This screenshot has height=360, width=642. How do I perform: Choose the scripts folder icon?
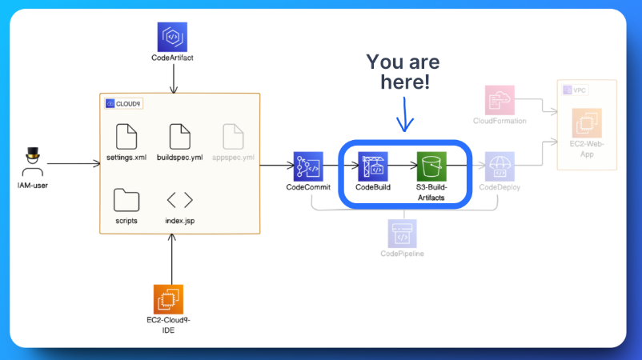[x=125, y=199]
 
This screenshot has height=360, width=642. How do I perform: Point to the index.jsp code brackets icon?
[x=179, y=200]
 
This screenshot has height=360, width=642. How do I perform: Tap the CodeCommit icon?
[x=307, y=166]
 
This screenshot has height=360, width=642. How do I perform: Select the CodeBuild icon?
[x=372, y=166]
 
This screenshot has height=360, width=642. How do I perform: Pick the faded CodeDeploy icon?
[x=499, y=166]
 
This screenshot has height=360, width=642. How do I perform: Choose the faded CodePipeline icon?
[x=403, y=234]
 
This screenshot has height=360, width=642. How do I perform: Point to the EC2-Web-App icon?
[x=586, y=125]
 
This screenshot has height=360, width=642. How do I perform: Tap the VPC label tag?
[x=576, y=90]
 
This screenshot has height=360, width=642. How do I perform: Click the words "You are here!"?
[x=403, y=72]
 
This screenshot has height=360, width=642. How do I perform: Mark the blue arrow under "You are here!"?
[x=405, y=114]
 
